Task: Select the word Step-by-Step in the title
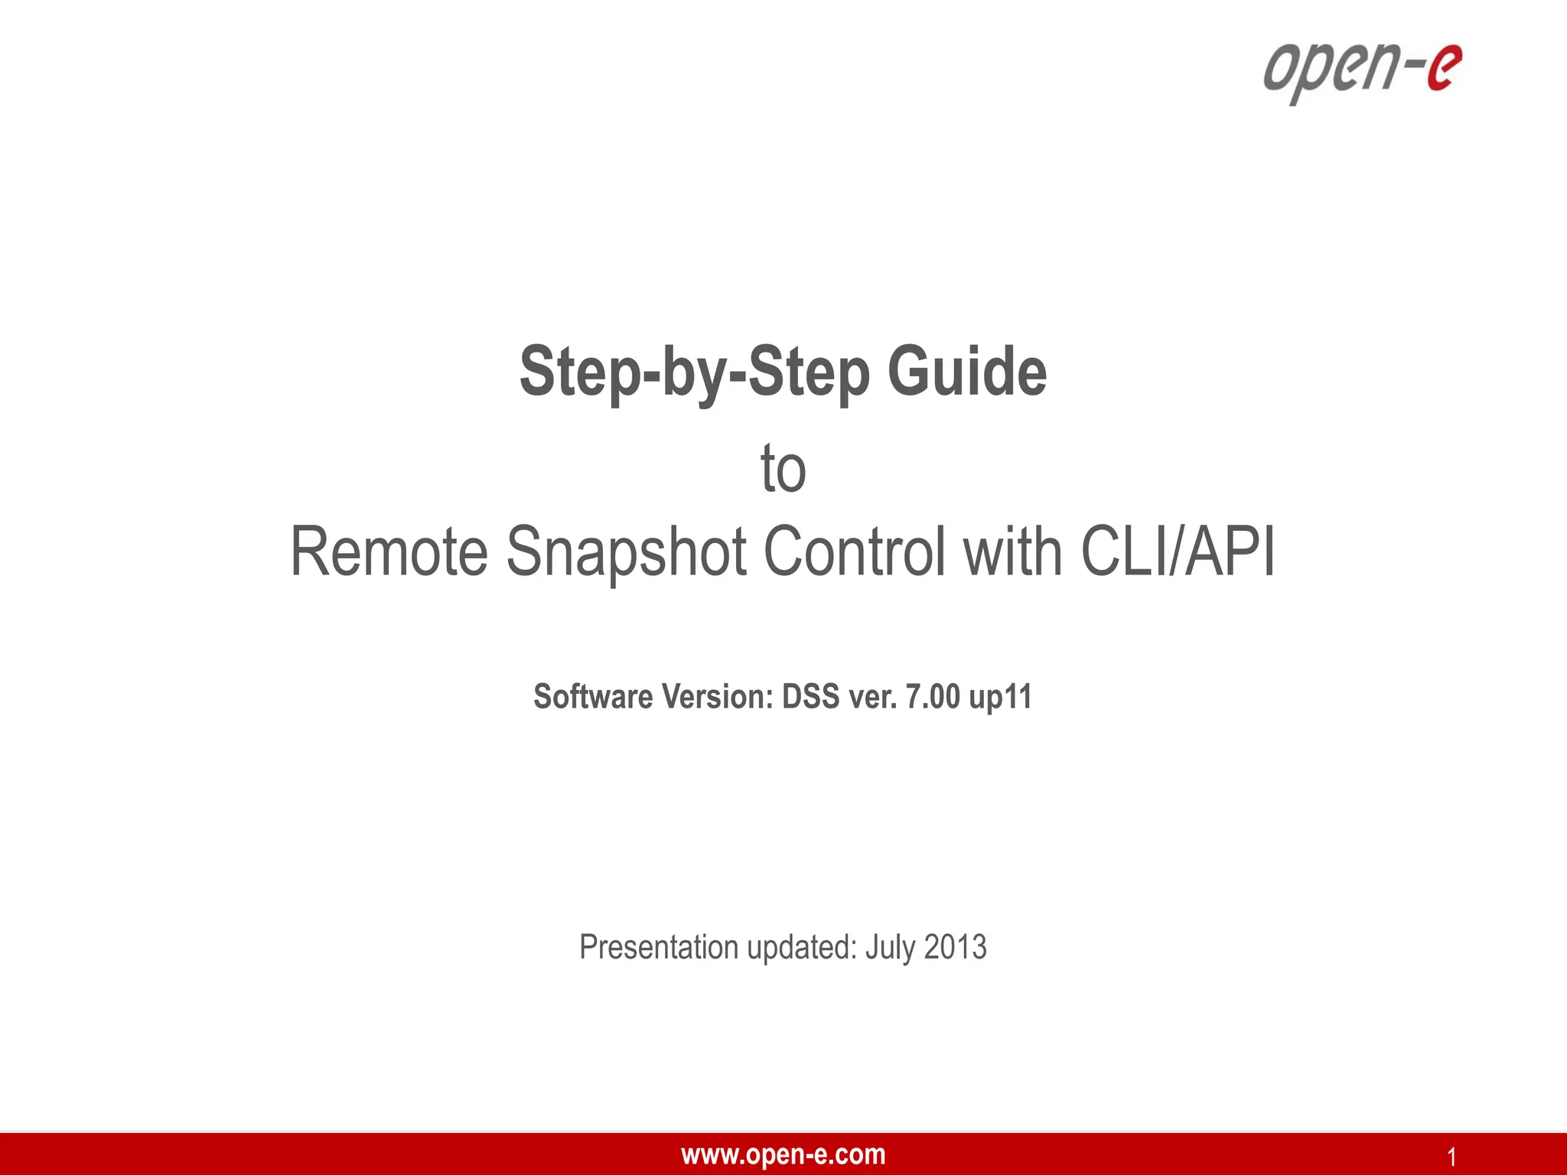click(x=695, y=372)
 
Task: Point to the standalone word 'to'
click(x=783, y=469)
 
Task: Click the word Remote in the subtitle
click(x=389, y=552)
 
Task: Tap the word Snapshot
click(x=626, y=552)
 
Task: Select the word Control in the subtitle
click(x=854, y=552)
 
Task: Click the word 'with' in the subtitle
click(x=1013, y=552)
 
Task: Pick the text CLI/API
click(x=1178, y=552)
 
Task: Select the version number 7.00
click(x=932, y=697)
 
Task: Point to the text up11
click(x=1000, y=697)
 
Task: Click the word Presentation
click(x=659, y=947)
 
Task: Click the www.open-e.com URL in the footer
click(x=783, y=1154)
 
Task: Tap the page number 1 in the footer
click(x=1451, y=1157)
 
